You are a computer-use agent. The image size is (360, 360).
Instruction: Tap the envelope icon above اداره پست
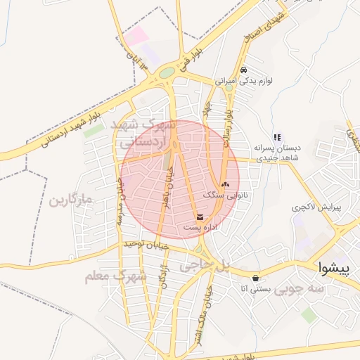tap(201, 217)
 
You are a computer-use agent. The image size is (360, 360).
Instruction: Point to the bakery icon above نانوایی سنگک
tap(224, 183)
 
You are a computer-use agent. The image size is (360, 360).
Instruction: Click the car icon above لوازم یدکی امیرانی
tap(243, 70)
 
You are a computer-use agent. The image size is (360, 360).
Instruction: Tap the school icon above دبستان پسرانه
tap(277, 137)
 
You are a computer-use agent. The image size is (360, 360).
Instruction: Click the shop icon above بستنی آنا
tap(254, 278)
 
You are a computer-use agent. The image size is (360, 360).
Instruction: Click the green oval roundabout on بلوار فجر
tap(167, 72)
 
